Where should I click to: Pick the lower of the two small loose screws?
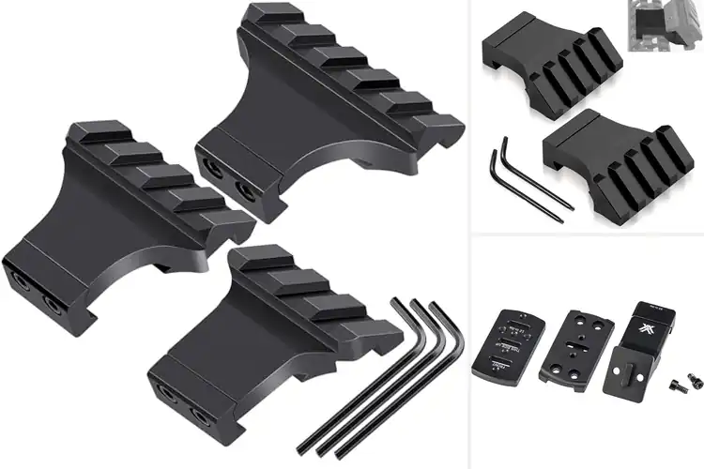click(677, 386)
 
